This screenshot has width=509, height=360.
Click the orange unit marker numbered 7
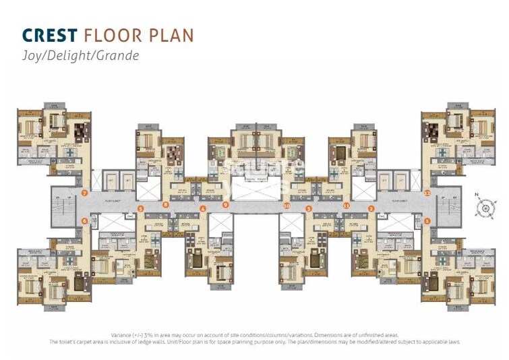pos(85,193)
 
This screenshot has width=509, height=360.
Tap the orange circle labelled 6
pos(85,220)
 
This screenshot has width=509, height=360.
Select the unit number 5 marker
pos(141,209)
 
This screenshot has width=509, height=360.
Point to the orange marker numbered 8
pos(166,204)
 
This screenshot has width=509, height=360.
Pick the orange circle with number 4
pos(203,209)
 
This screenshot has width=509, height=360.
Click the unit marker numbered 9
pos(226,204)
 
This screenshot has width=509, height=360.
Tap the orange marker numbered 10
pos(287,204)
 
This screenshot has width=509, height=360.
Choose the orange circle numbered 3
pos(309,209)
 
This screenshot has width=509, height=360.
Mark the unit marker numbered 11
pos(347,204)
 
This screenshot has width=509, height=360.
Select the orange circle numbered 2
pos(371,209)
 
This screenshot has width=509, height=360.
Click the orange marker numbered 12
pos(427,193)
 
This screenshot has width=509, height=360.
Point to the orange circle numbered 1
pos(427,220)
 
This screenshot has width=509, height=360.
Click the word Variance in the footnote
pos(123,335)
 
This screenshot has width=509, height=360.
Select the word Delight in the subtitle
pos(72,56)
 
